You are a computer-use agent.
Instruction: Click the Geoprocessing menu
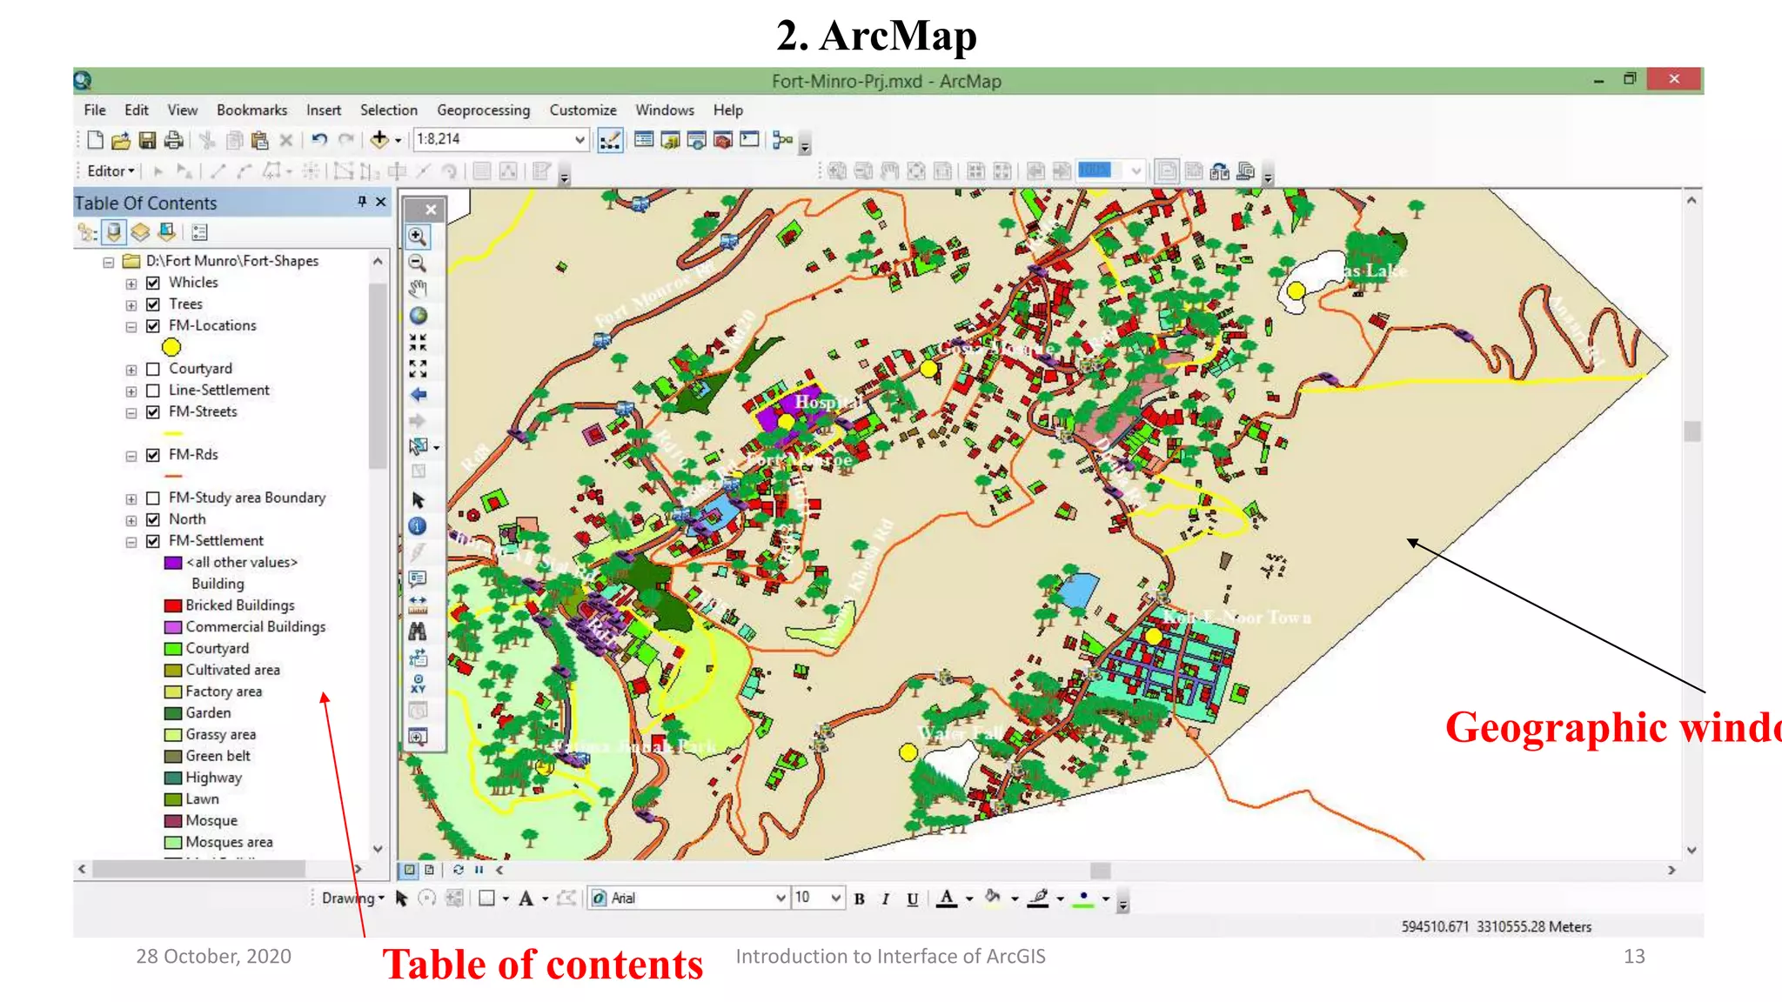[483, 110]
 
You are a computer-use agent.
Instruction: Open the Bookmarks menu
[251, 110]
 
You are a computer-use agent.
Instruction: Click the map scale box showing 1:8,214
[492, 139]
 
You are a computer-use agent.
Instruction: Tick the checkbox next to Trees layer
[153, 304]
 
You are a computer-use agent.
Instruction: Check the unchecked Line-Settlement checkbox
[153, 391]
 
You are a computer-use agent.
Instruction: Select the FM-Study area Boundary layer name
[246, 498]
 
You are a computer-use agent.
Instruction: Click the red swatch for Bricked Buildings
[172, 605]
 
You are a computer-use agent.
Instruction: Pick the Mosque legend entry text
[211, 820]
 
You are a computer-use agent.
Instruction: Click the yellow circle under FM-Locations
[171, 347]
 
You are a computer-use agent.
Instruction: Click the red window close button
[1673, 79]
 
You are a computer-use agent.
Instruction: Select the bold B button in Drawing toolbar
[859, 898]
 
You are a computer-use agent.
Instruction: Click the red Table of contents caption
[542, 965]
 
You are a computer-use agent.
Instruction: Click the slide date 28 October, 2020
[213, 956]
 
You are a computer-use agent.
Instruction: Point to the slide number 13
[1633, 956]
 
